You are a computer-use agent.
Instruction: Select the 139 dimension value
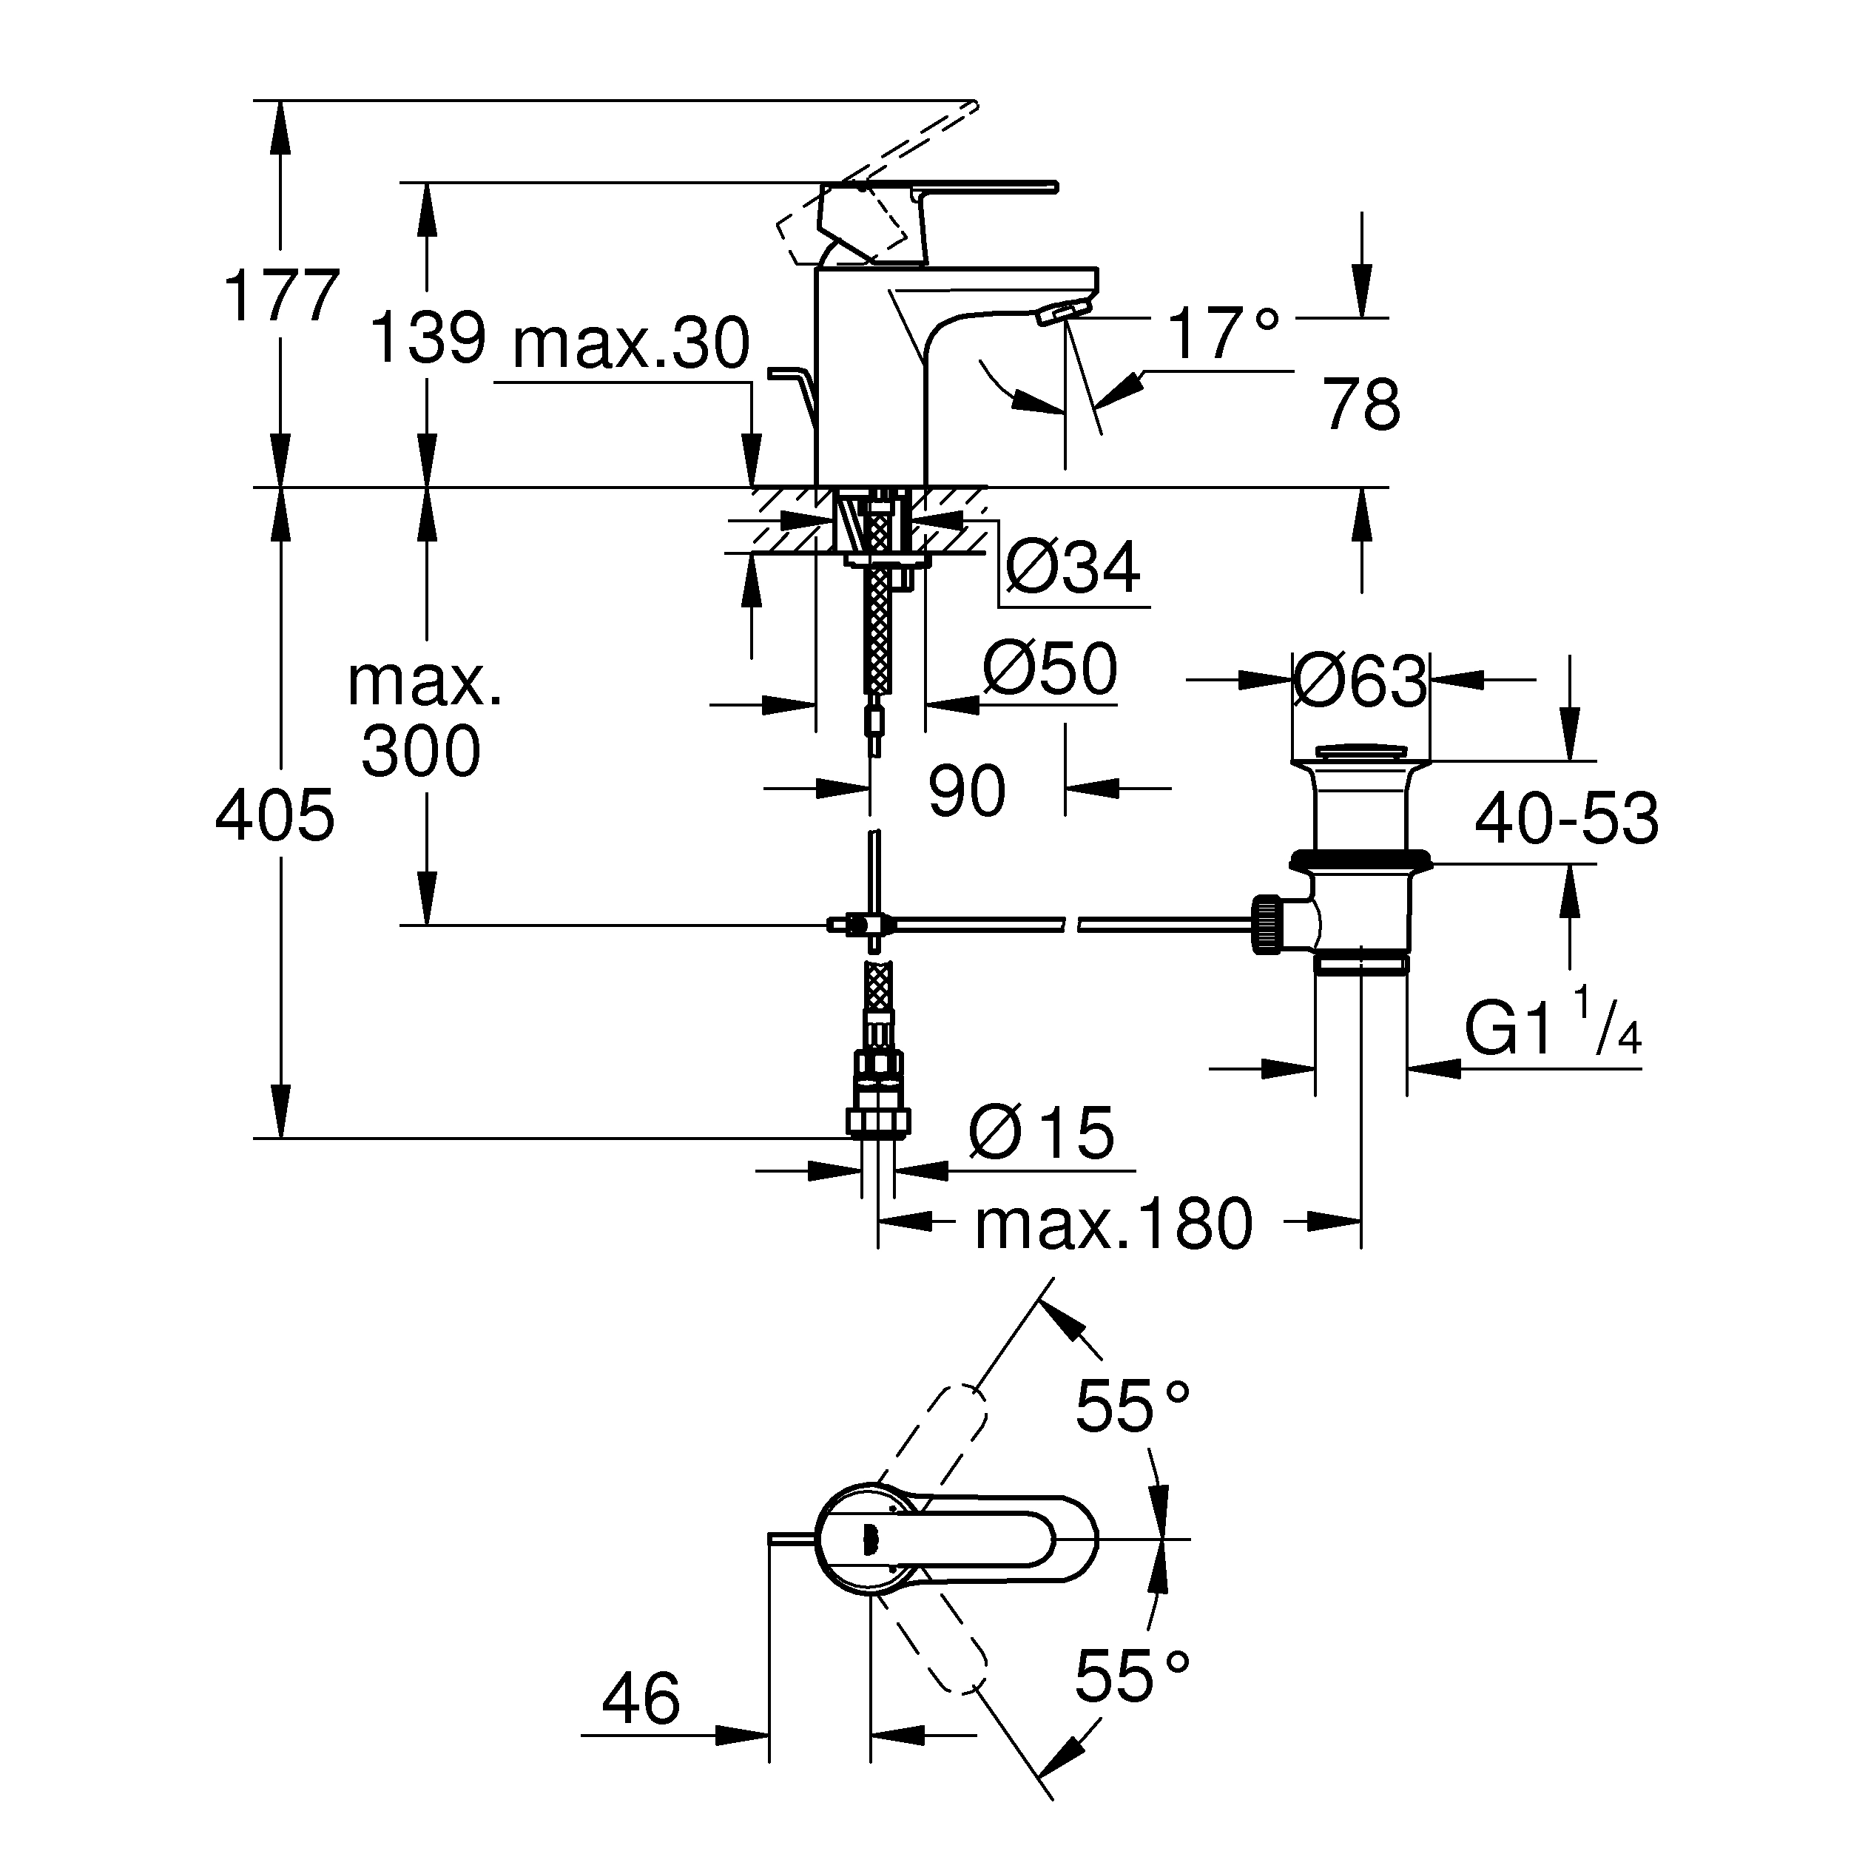click(x=428, y=338)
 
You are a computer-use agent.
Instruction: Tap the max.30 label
click(x=630, y=343)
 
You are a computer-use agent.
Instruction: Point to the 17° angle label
click(x=1223, y=334)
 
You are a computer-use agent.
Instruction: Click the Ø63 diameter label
click(x=1360, y=681)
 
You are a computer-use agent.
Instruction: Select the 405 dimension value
click(x=274, y=815)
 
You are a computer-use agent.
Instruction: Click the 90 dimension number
click(x=966, y=790)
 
